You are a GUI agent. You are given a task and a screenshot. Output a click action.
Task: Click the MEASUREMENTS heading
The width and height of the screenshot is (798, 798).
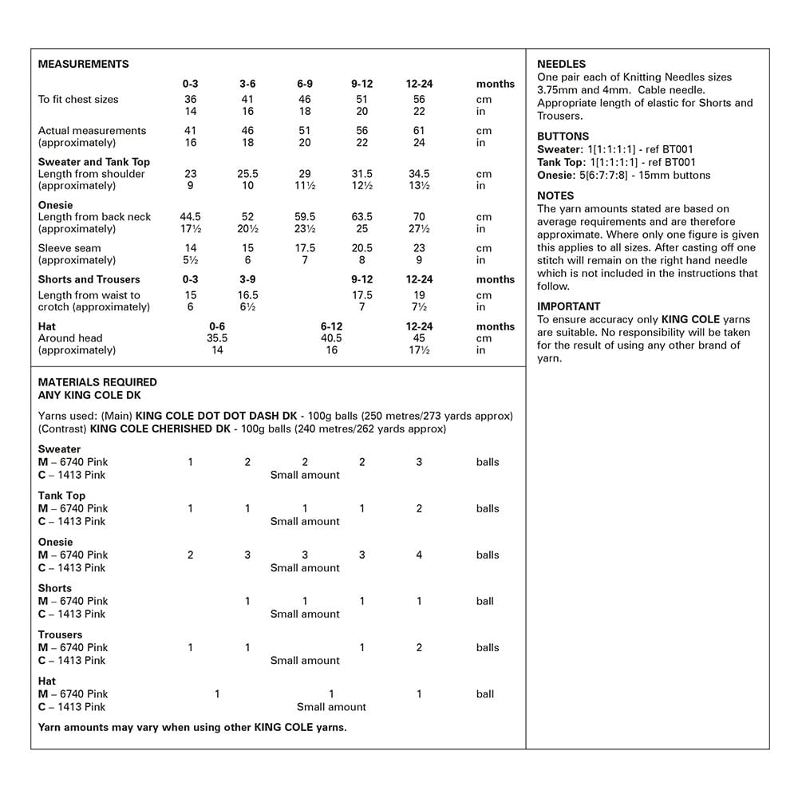tap(83, 65)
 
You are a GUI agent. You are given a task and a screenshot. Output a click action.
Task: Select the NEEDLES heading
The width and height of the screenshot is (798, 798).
tap(561, 65)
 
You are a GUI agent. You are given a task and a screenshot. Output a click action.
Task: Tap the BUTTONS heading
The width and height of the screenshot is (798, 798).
tap(563, 136)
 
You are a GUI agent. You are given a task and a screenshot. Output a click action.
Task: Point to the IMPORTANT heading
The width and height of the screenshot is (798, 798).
tap(568, 306)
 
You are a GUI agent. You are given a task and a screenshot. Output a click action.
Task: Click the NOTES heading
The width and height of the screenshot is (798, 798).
tap(555, 196)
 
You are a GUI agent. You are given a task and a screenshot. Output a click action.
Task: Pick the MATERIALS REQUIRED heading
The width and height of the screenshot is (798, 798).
tap(97, 382)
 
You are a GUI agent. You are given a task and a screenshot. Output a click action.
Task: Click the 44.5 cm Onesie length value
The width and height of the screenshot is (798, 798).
tap(190, 217)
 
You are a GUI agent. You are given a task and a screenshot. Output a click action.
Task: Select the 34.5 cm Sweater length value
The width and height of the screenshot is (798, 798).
tap(419, 174)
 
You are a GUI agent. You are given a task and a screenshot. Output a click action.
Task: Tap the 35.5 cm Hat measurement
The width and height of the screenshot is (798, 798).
tap(217, 338)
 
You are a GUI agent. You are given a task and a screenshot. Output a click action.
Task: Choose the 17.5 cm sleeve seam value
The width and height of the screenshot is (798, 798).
tap(305, 248)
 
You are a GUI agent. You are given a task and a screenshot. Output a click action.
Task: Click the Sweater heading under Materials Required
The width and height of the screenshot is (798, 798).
tap(59, 449)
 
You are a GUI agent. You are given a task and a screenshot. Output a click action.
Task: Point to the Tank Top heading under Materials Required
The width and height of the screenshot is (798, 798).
tap(61, 496)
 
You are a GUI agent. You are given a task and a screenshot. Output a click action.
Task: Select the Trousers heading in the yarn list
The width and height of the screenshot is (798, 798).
tap(60, 634)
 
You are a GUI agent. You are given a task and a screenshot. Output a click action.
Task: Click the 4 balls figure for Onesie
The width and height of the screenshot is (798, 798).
tap(419, 555)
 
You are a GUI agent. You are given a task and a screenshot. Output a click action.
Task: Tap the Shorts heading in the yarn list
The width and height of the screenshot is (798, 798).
tap(54, 588)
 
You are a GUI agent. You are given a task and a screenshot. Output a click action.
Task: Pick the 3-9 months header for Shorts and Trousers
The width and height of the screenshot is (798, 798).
tap(247, 279)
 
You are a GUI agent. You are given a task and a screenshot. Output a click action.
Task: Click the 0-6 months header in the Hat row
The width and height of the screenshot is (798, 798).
tap(217, 326)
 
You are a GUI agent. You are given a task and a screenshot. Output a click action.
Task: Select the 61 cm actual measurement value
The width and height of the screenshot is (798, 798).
tap(419, 131)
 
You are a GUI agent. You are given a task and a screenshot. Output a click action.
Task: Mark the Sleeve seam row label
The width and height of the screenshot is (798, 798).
tap(69, 248)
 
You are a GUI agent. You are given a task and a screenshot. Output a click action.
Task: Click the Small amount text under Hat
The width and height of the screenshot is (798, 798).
tap(331, 707)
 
